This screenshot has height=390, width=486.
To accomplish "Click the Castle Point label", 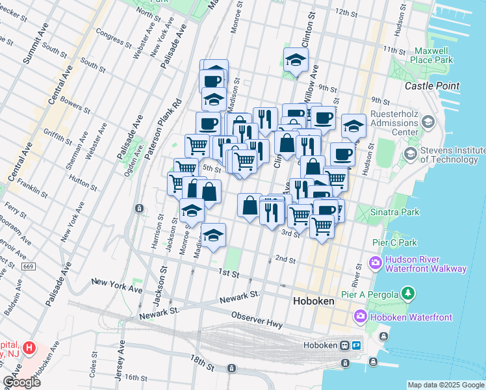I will click(x=431, y=86).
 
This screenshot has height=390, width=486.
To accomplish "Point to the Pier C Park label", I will click(x=395, y=242).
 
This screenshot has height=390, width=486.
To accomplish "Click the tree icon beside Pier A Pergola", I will click(x=407, y=294).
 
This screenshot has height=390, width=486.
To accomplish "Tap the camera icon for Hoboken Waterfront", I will click(x=361, y=316).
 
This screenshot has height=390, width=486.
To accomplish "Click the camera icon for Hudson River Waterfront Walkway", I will click(x=375, y=263).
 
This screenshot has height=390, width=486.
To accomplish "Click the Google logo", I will click(x=21, y=382).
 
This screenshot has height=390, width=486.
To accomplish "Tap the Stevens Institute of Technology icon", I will click(x=410, y=154).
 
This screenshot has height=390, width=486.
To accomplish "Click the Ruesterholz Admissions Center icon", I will click(x=428, y=122).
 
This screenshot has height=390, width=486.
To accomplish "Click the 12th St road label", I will click(x=346, y=13).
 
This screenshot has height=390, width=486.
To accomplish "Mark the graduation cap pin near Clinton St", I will click(x=296, y=61).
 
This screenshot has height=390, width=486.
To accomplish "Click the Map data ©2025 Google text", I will click(x=445, y=385).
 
